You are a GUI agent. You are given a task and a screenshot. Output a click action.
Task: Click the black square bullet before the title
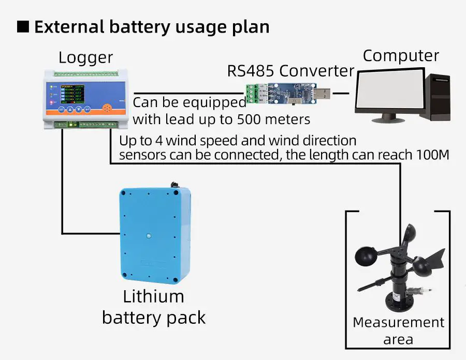23,26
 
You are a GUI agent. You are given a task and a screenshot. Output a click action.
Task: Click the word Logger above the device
85,57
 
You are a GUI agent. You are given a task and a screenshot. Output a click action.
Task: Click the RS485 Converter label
290,71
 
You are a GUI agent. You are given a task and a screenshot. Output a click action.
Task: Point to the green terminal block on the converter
252,94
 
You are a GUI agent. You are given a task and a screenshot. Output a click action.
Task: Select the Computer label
401,56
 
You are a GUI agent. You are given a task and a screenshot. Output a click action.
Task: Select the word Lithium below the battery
153,297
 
